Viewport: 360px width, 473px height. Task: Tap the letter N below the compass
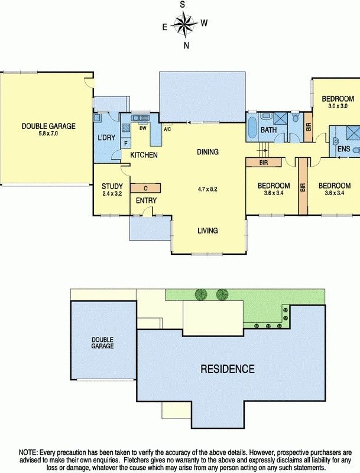[186, 46]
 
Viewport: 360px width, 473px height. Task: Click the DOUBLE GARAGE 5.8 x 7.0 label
[48, 129]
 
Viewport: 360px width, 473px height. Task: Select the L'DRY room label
[106, 138]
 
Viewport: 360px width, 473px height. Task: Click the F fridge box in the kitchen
[126, 143]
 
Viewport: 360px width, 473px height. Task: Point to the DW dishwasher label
[143, 128]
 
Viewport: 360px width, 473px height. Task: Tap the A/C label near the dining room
[167, 129]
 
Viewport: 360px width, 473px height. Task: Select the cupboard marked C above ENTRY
[145, 188]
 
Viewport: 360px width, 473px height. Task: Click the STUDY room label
[112, 186]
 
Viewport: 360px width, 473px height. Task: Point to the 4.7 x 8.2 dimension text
[207, 189]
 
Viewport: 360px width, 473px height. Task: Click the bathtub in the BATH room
[252, 127]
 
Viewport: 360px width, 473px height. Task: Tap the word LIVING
[207, 231]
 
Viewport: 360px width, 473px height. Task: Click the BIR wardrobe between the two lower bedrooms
[303, 187]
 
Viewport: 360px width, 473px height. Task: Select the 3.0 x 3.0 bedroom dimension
[338, 106]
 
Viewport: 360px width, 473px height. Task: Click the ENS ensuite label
[343, 149]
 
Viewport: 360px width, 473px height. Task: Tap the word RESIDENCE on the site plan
[228, 369]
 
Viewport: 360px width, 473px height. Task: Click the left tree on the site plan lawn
[201, 294]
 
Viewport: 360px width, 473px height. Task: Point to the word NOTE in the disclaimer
[28, 452]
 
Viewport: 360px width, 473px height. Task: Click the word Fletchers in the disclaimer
[137, 461]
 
